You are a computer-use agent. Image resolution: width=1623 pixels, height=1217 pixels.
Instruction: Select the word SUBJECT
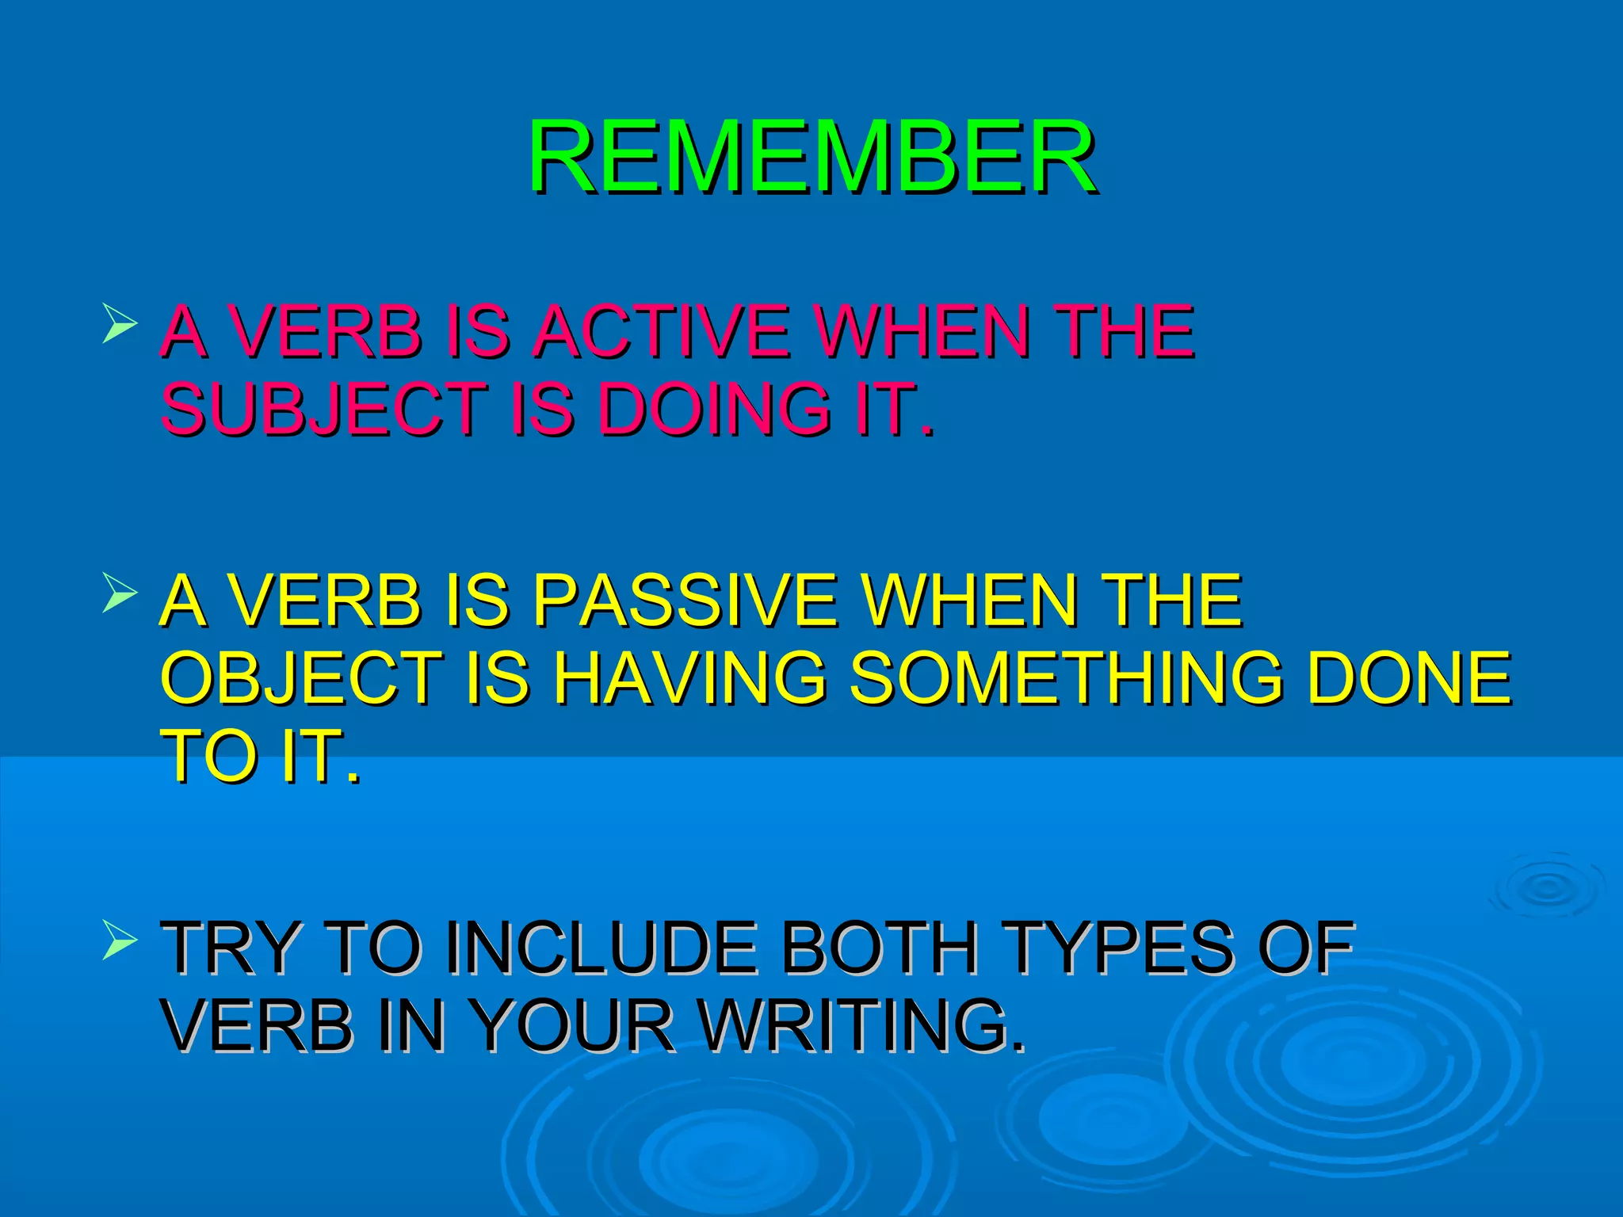323,409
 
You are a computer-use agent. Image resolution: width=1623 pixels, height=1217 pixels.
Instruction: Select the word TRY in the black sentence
231,948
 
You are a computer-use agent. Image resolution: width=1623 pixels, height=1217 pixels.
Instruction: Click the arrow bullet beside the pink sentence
120,326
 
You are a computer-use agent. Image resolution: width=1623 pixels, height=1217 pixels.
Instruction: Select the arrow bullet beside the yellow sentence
120,595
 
